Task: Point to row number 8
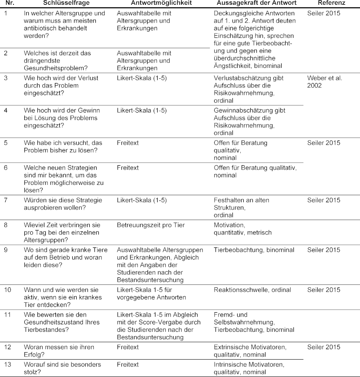pos(6,225)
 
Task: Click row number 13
pos(7,364)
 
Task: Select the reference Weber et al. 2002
pos(325,82)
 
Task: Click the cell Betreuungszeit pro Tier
pos(151,225)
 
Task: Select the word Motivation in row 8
pos(229,225)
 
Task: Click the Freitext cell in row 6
pos(128,167)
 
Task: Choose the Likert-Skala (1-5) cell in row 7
pos(142,200)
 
